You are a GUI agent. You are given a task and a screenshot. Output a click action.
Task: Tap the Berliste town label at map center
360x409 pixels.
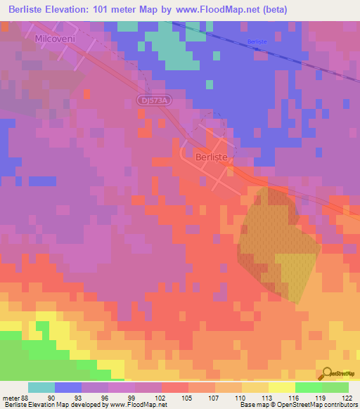click(212, 159)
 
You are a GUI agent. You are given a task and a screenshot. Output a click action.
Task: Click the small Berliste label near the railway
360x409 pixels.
click(257, 42)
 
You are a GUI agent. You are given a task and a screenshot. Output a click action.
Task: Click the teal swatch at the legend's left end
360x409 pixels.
click(41, 387)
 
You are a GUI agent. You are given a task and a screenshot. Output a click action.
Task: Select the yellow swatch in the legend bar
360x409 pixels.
click(281, 387)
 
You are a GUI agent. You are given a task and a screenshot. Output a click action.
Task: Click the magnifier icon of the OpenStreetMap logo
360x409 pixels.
click(326, 373)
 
